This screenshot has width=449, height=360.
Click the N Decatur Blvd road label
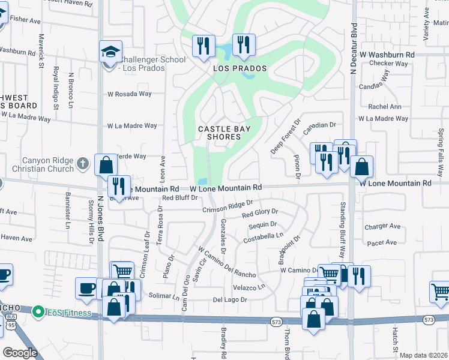pyautogui.click(x=354, y=49)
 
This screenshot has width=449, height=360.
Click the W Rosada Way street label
pyautogui.click(x=129, y=94)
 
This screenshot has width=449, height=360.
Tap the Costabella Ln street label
pyautogui.click(x=263, y=238)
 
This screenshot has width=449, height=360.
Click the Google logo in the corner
pyautogui.click(x=20, y=352)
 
